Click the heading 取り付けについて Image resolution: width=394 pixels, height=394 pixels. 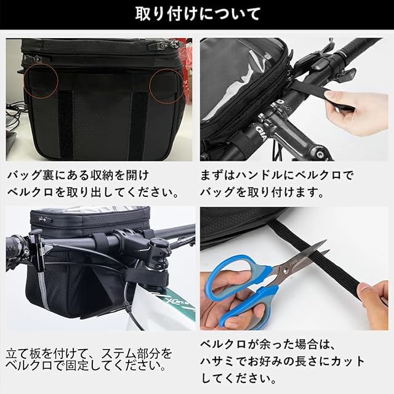tap(198, 14)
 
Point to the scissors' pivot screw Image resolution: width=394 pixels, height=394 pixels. tap(286, 271)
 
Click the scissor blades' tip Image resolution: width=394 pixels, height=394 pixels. tap(327, 241)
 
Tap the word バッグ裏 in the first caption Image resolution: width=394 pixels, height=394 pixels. tap(30, 175)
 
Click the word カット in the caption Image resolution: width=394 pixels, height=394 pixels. tap(347, 361)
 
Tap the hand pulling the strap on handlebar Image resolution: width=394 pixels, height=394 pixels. tap(357, 111)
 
